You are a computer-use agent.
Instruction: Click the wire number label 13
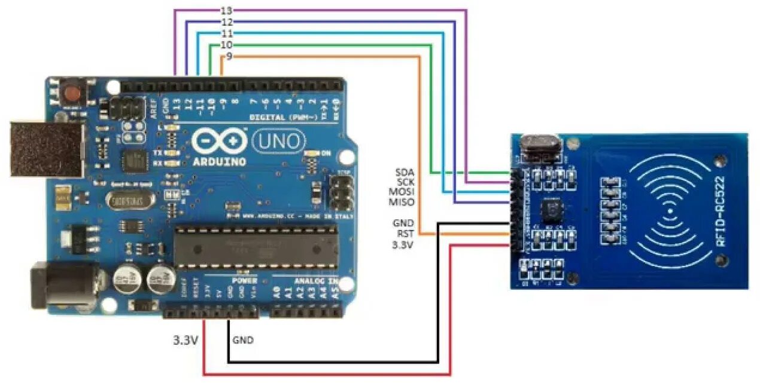[x=227, y=10]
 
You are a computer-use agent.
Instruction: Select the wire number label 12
[x=227, y=22]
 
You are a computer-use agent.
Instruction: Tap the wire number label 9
[x=229, y=56]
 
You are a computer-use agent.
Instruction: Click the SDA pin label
[x=405, y=172]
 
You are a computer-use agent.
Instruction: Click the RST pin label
[x=406, y=234]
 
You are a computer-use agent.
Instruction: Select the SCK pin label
[x=405, y=182]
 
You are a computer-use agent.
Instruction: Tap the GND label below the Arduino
[x=242, y=341]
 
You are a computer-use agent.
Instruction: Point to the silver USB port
[x=45, y=149]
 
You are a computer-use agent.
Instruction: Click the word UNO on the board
[x=279, y=142]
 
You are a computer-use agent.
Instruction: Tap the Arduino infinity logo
[x=218, y=141]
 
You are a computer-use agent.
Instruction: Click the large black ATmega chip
[x=256, y=246]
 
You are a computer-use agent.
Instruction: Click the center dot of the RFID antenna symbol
[x=669, y=212]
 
